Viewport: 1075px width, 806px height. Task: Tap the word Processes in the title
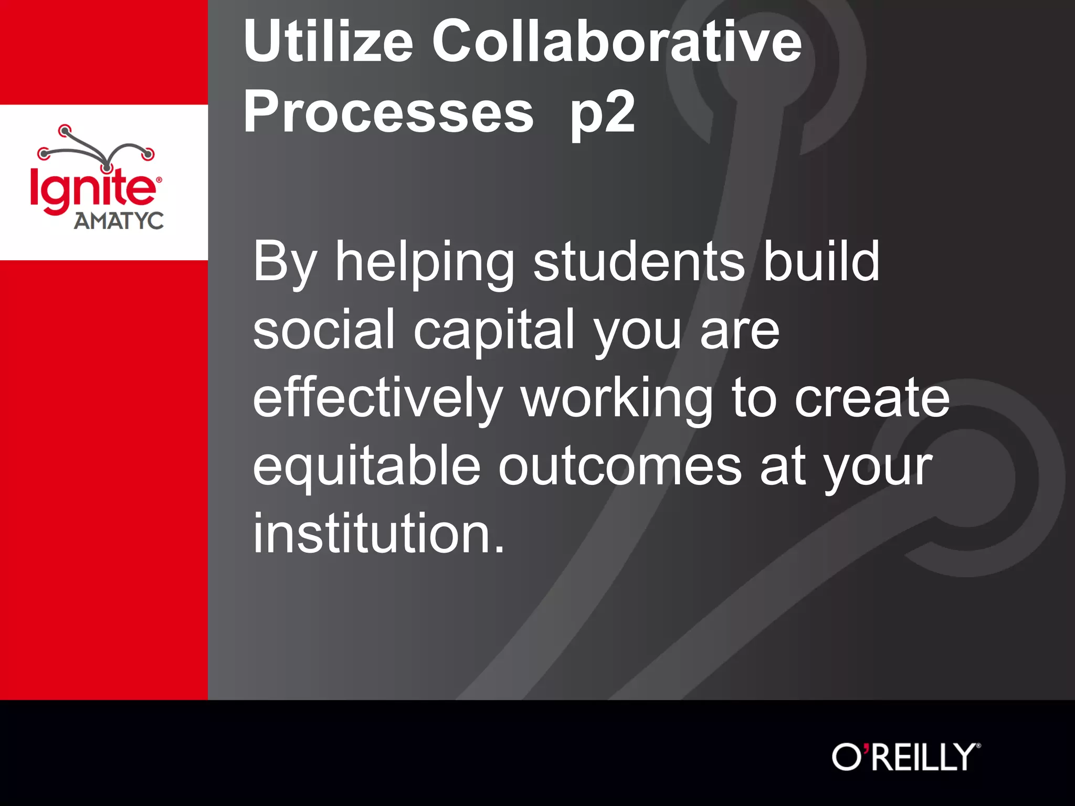388,112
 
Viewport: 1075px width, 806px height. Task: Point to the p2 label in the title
603,112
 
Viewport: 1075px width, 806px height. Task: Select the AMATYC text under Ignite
119,221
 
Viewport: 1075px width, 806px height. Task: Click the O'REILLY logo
905,757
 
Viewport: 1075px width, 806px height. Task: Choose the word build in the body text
821,261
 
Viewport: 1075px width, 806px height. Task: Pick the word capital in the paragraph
494,330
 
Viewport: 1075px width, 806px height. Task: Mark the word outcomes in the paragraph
619,466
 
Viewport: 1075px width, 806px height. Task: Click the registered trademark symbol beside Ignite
159,179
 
